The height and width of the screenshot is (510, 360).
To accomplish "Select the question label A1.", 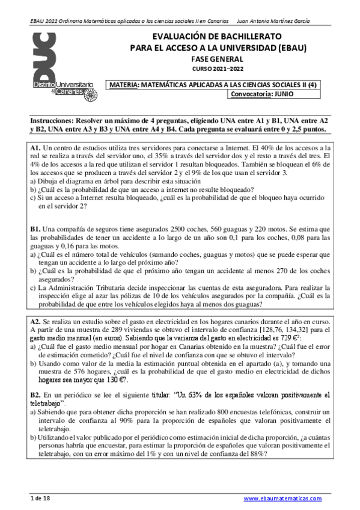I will [x=35, y=147].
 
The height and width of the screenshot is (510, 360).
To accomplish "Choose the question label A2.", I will [x=35, y=322].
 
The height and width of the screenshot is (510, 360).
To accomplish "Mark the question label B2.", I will [x=35, y=394].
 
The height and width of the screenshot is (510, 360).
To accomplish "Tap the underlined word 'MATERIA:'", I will [x=124, y=85].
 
